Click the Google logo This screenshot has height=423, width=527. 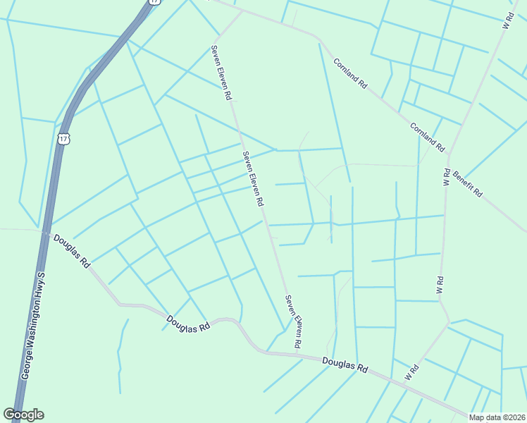coord(23,415)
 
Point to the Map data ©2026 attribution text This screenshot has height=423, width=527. coord(497,417)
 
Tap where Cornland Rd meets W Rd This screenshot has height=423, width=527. coord(449,154)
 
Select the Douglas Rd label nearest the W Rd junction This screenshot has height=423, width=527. coord(345,364)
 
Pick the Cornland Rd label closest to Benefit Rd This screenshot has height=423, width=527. coord(428,137)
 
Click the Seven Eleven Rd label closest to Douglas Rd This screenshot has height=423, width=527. coord(293,321)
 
